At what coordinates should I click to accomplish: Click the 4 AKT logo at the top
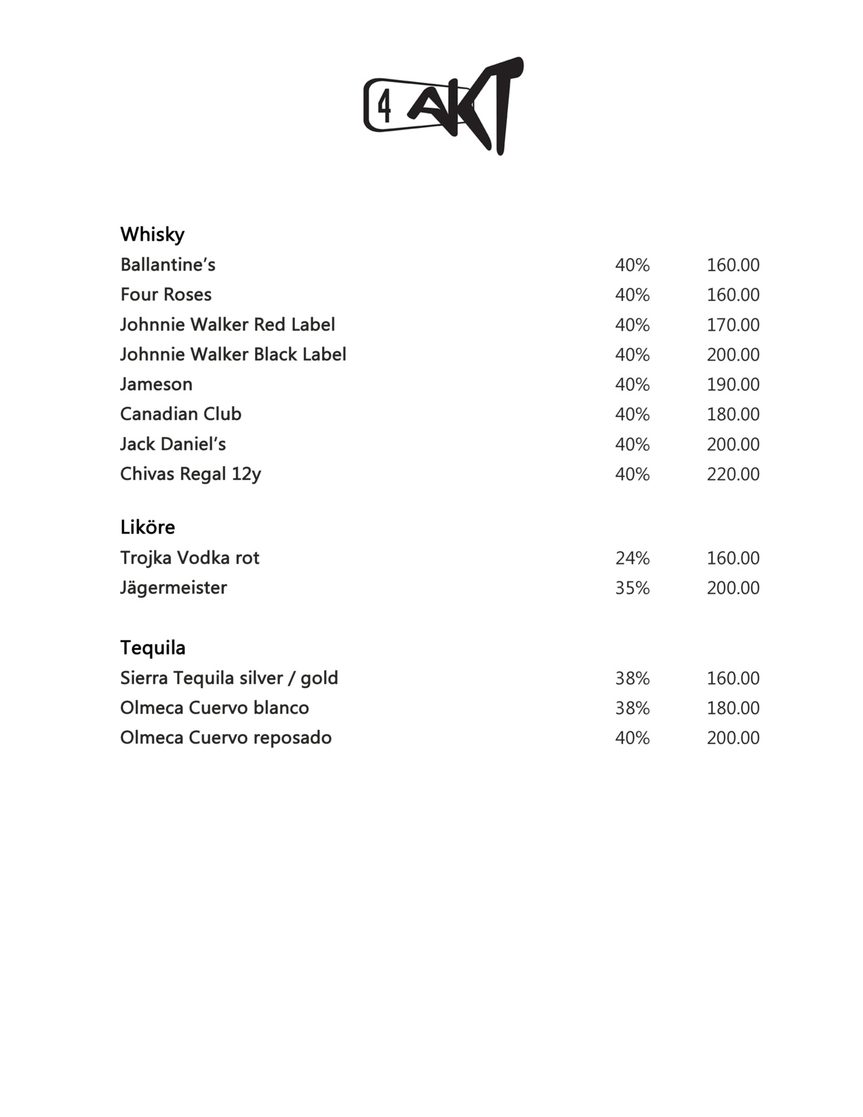(443, 106)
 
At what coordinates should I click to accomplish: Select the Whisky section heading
(153, 235)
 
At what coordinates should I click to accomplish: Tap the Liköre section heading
(148, 527)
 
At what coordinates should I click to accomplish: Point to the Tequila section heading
(153, 648)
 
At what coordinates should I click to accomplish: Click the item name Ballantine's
(167, 264)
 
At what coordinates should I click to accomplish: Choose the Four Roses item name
(166, 294)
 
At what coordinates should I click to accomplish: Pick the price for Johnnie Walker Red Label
(733, 325)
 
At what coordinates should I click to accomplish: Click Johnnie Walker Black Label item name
(233, 354)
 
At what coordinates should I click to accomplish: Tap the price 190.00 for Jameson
(733, 384)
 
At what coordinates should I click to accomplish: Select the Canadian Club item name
(181, 414)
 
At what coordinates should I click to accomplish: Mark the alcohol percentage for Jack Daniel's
(632, 445)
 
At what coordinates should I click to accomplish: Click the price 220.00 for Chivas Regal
(733, 474)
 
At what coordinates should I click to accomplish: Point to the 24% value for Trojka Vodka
(632, 558)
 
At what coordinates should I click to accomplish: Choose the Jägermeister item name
(174, 588)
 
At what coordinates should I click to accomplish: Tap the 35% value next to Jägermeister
(632, 588)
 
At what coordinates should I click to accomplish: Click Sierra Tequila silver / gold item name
(229, 678)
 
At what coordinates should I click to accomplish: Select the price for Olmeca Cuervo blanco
(733, 708)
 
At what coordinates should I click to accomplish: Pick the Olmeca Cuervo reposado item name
(226, 737)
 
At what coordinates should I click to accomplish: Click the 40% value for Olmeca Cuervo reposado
(632, 738)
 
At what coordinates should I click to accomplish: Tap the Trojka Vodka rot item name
(190, 558)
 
